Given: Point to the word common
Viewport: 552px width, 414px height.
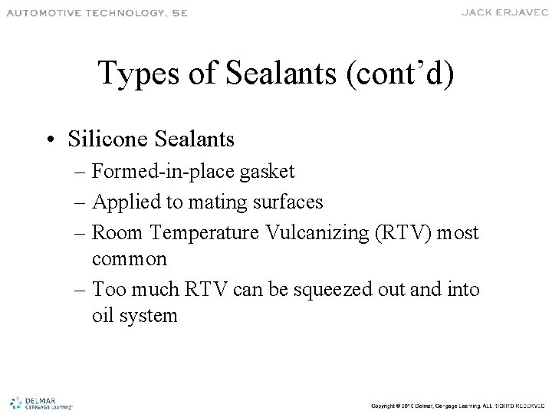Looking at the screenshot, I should click(128, 259).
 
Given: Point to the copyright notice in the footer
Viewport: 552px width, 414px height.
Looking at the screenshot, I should click(456, 404).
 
